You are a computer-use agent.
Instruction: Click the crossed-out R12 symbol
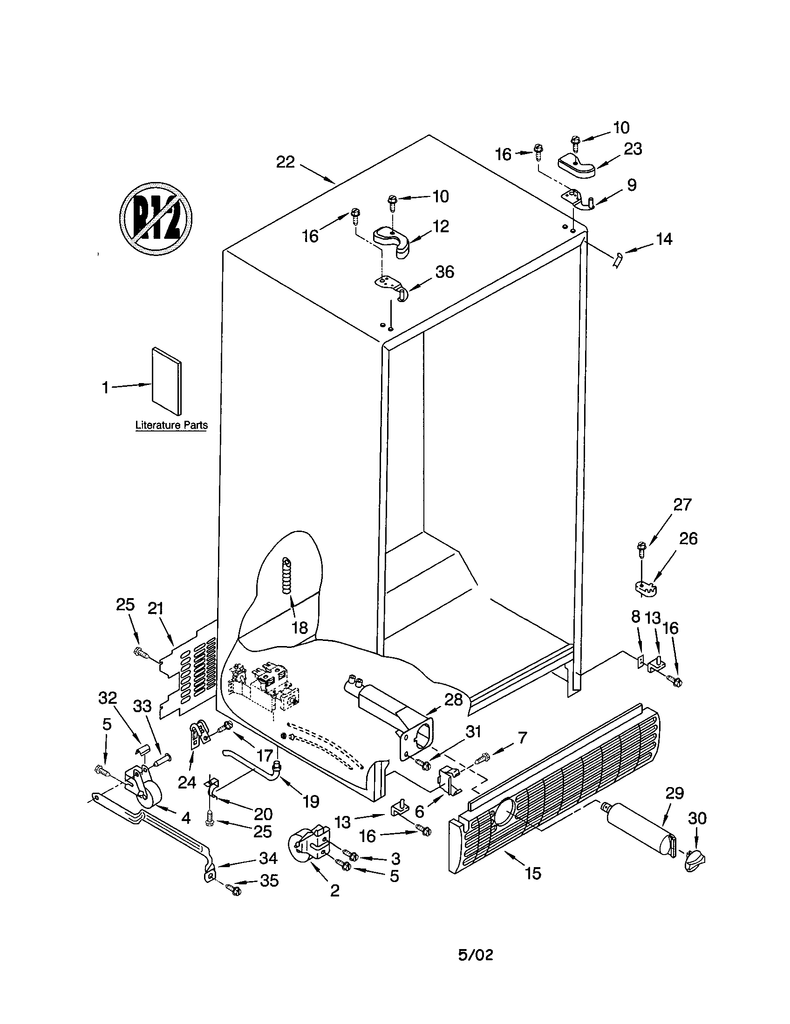coord(155,219)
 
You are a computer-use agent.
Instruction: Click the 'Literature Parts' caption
coord(171,425)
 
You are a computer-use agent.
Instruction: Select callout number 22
coord(285,162)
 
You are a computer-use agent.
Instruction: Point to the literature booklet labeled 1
coord(166,381)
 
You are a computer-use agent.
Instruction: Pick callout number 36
coord(444,271)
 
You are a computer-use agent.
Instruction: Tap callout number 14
coord(664,239)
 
